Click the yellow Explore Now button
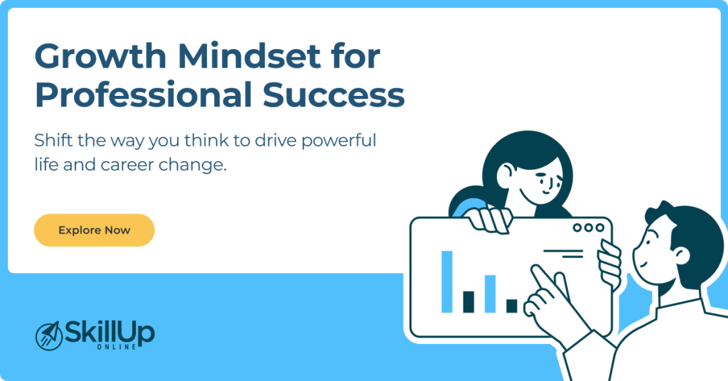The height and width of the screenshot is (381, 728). coord(94,230)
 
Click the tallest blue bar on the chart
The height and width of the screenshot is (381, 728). coord(446,281)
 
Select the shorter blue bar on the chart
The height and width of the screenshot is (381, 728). coord(490,294)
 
